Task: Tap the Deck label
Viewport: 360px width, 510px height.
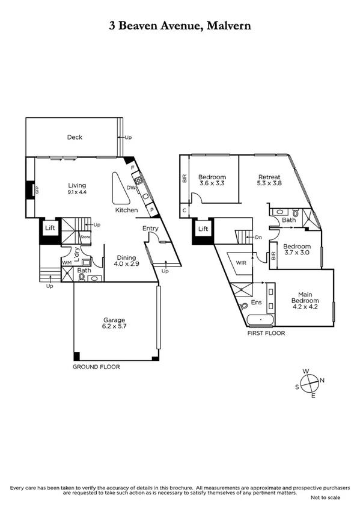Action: [75, 137]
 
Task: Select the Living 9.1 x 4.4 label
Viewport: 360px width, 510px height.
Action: [77, 189]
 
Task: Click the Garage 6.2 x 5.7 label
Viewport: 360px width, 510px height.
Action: [114, 324]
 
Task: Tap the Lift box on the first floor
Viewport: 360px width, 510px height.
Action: [203, 229]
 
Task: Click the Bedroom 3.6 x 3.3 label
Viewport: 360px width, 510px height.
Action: [212, 180]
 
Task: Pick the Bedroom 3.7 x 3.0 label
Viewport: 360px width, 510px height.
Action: [297, 250]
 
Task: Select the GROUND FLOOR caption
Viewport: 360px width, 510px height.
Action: [96, 366]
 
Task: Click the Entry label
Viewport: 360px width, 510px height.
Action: [150, 229]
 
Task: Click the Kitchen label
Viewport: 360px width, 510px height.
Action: [127, 210]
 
